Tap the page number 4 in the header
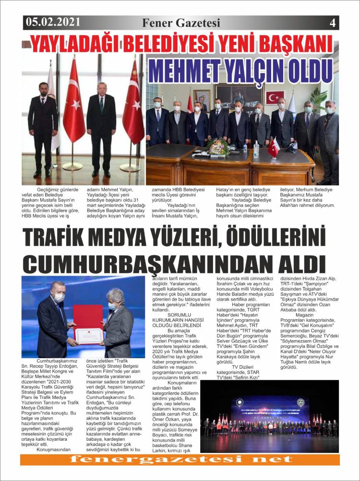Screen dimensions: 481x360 [x=332, y=22]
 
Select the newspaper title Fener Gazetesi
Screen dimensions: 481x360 [x=181, y=23]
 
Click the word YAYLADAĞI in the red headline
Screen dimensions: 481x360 [x=77, y=44]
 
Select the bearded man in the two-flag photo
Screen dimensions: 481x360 [x=42, y=125]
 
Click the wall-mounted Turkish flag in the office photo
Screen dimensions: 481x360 [x=275, y=98]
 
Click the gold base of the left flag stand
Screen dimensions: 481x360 [x=72, y=166]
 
